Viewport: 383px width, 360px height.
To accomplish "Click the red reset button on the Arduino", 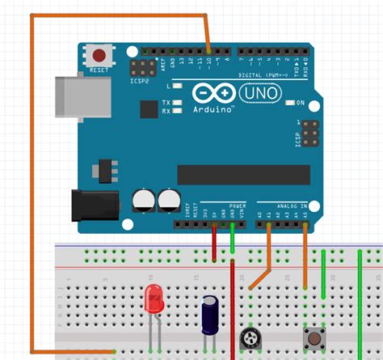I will point(99,56).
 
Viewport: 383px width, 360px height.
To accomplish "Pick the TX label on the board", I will point(166,103).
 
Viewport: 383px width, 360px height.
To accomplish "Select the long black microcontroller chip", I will point(243,175).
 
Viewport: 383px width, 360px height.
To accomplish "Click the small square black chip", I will point(149,109).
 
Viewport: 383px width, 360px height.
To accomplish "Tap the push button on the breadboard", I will point(310,335).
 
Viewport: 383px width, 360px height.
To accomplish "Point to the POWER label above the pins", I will point(237,205).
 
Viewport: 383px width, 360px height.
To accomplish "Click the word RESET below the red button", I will point(99,70).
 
